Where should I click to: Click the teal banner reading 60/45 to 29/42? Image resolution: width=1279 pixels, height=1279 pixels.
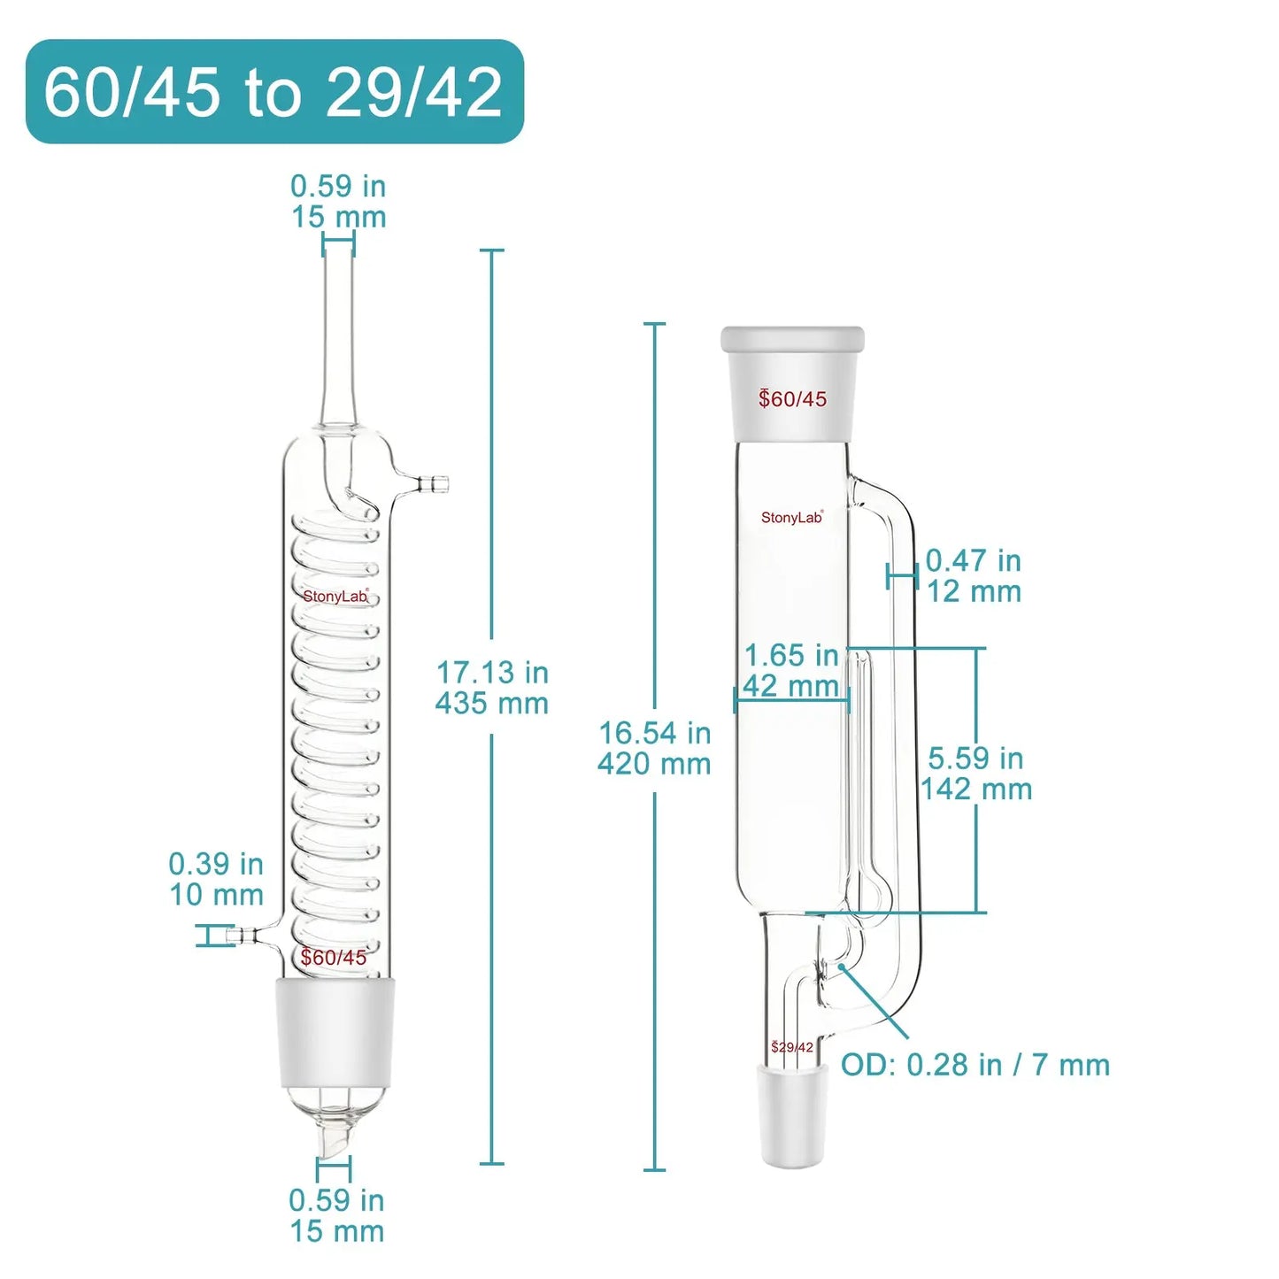click(274, 91)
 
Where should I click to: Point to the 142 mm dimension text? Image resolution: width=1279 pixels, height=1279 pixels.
click(976, 790)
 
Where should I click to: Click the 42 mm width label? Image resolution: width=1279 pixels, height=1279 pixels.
click(790, 685)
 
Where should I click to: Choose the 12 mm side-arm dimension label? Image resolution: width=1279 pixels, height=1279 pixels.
click(974, 591)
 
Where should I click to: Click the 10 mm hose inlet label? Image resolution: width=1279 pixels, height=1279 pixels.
click(216, 895)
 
